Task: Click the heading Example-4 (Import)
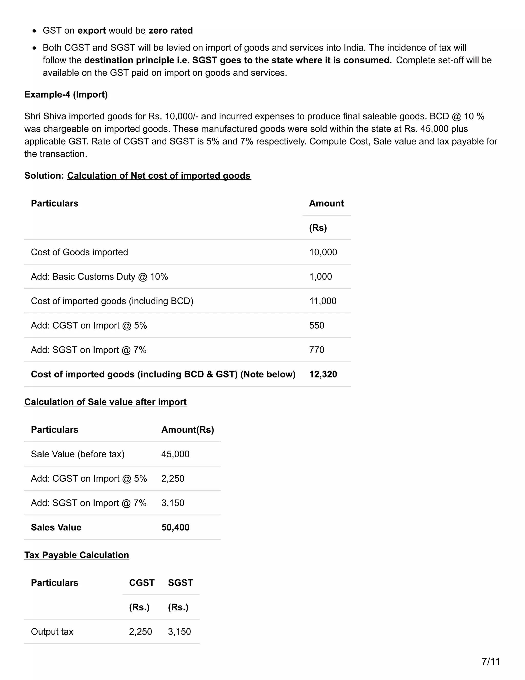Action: pyautogui.click(x=66, y=94)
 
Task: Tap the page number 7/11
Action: pyautogui.click(x=490, y=661)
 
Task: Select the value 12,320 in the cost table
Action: pyautogui.click(x=323, y=374)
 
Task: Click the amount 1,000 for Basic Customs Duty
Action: pyautogui.click(x=320, y=276)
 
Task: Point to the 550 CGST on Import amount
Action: pyautogui.click(x=316, y=325)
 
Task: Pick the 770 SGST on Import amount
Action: pyautogui.click(x=316, y=350)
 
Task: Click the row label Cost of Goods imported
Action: pyautogui.click(x=79, y=252)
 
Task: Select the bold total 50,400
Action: pyautogui.click(x=175, y=527)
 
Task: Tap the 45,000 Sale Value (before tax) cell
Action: pyautogui.click(x=175, y=454)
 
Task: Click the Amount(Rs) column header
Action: pyautogui.click(x=188, y=430)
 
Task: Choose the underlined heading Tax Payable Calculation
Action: pyautogui.click(x=76, y=555)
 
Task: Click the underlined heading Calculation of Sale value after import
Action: pyautogui.click(x=105, y=402)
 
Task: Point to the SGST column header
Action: pyautogui.click(x=180, y=582)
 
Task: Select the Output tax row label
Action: pyautogui.click(x=52, y=632)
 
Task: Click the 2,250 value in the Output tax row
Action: pyautogui.click(x=140, y=632)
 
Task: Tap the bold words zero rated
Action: pyautogui.click(x=170, y=31)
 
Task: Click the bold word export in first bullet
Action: pyautogui.click(x=92, y=31)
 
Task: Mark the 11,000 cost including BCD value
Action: pyautogui.click(x=322, y=301)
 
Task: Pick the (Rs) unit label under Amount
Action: pyautogui.click(x=318, y=228)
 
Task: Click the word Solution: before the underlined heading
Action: pyautogui.click(x=44, y=176)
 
